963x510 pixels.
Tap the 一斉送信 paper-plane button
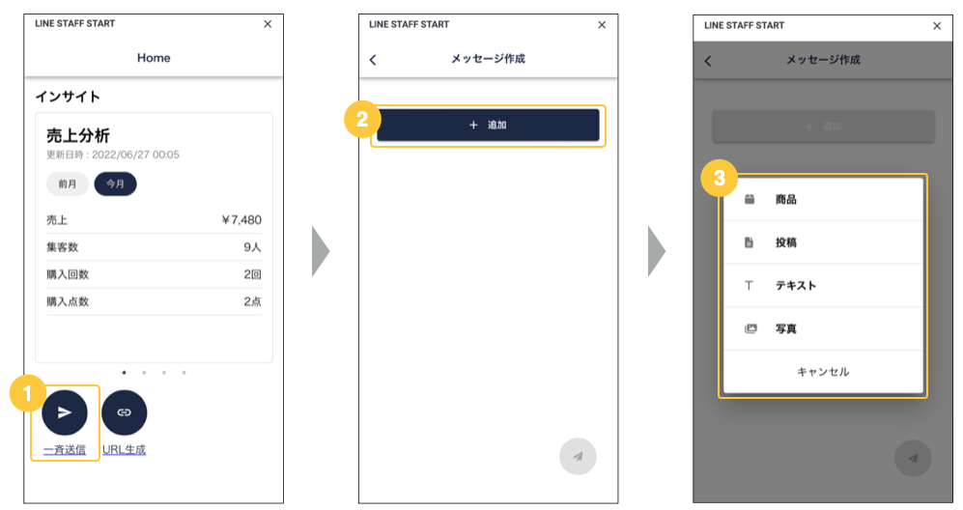point(65,412)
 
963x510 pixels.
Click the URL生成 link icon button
point(124,412)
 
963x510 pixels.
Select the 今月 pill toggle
point(116,184)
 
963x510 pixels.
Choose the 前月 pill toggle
point(68,184)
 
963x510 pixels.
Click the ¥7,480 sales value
point(241,220)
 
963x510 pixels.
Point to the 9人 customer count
point(252,247)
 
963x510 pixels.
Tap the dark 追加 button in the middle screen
point(488,126)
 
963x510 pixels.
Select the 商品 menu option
point(823,199)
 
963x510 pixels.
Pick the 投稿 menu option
point(823,242)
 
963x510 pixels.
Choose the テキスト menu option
point(823,286)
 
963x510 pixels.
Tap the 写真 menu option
point(823,328)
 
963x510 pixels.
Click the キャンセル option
point(823,372)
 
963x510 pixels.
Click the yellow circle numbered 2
point(362,119)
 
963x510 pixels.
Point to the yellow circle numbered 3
point(720,178)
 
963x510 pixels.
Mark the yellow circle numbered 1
point(28,393)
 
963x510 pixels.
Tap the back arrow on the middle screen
point(373,60)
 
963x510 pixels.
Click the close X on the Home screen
point(268,24)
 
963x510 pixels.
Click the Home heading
point(154,58)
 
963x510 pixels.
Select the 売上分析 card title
point(78,135)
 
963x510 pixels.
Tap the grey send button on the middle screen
point(578,457)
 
